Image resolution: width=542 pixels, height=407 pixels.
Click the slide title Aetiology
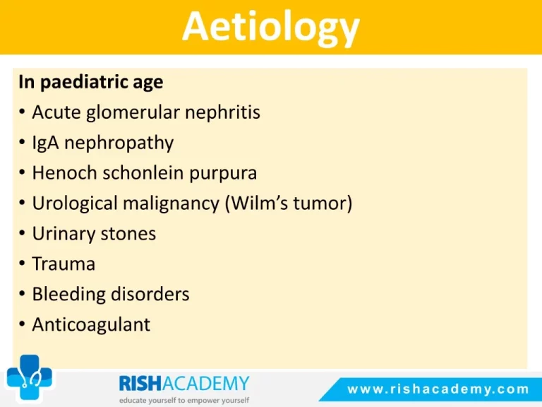[x=271, y=28]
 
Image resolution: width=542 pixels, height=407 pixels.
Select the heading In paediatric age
[x=91, y=83]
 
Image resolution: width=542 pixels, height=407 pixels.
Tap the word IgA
[x=45, y=143]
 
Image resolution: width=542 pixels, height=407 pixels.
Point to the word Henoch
[x=65, y=172]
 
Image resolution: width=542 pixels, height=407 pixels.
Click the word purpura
[x=223, y=173]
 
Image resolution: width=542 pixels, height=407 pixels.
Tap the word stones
[x=128, y=234]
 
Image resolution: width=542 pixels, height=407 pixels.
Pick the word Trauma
[x=64, y=264]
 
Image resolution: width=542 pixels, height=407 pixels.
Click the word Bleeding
[x=68, y=295]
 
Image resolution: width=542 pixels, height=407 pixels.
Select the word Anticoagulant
[x=91, y=324]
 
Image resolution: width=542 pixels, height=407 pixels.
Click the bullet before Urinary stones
[x=22, y=233]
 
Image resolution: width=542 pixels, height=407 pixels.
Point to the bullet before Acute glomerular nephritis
[x=22, y=112]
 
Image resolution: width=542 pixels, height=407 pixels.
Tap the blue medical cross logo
[x=30, y=377]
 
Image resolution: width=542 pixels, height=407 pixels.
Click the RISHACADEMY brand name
[x=184, y=384]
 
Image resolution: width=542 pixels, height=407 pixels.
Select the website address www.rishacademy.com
[x=438, y=389]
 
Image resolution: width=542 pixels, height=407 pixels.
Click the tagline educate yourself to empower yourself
[x=184, y=401]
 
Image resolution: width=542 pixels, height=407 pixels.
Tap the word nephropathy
[x=119, y=143]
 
